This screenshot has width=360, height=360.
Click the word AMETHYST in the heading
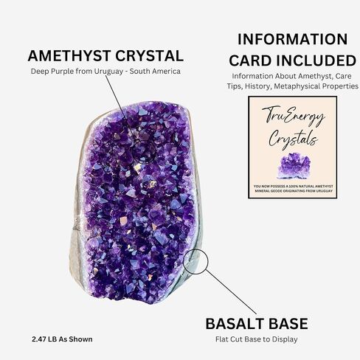[x=69, y=56]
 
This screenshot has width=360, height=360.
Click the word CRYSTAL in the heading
[x=150, y=56]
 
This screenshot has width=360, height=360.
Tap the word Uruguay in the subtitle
[x=108, y=72]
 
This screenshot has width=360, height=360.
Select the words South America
[x=155, y=72]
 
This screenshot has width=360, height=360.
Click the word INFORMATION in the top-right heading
[x=293, y=39]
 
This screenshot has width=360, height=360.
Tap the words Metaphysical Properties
[x=316, y=86]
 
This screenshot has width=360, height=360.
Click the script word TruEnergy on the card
[x=294, y=116]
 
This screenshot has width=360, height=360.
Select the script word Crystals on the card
[x=293, y=139]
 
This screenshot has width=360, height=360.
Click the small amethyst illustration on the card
[x=294, y=165]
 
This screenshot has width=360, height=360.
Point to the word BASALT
[x=235, y=324]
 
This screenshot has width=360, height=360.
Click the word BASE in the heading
[x=288, y=324]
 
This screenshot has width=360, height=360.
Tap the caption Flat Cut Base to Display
[x=257, y=339]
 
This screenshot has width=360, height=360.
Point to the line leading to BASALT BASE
[x=231, y=292]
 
